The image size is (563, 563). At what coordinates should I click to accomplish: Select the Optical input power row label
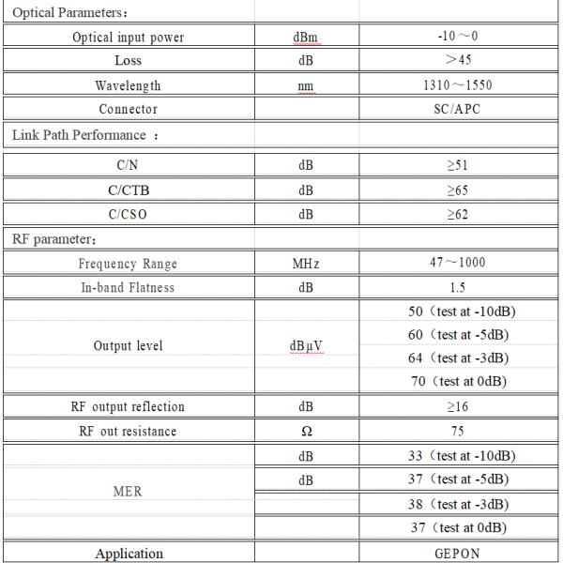tap(129, 38)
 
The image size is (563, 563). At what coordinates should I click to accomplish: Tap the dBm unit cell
tap(306, 38)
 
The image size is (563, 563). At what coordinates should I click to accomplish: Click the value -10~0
tap(458, 38)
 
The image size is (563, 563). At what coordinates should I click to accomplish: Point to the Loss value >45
tap(458, 61)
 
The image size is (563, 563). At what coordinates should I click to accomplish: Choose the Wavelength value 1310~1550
tap(458, 85)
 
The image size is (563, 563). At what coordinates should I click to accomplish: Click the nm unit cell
tap(306, 85)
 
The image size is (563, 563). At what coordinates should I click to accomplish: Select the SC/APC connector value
tap(458, 110)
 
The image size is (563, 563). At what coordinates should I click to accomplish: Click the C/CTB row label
tap(129, 190)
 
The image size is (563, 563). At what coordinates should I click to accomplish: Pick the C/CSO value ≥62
tap(458, 214)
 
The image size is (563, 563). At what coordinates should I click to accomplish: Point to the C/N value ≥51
tap(458, 165)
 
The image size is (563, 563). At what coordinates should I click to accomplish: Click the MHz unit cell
tap(306, 264)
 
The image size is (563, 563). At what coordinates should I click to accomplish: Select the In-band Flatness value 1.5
tap(458, 288)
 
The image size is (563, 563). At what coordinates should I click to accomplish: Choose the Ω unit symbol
tap(306, 432)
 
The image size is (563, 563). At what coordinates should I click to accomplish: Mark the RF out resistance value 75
tap(458, 432)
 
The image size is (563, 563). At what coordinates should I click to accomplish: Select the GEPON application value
tap(458, 554)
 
